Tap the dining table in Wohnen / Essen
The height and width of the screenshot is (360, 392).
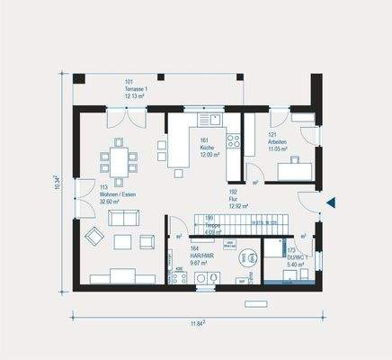tap(118, 161)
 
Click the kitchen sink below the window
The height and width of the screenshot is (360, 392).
tap(209, 119)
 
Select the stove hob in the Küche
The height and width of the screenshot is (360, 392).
tap(233, 139)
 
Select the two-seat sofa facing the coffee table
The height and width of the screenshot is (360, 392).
tap(123, 218)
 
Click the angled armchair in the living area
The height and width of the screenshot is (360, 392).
tap(94, 237)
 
